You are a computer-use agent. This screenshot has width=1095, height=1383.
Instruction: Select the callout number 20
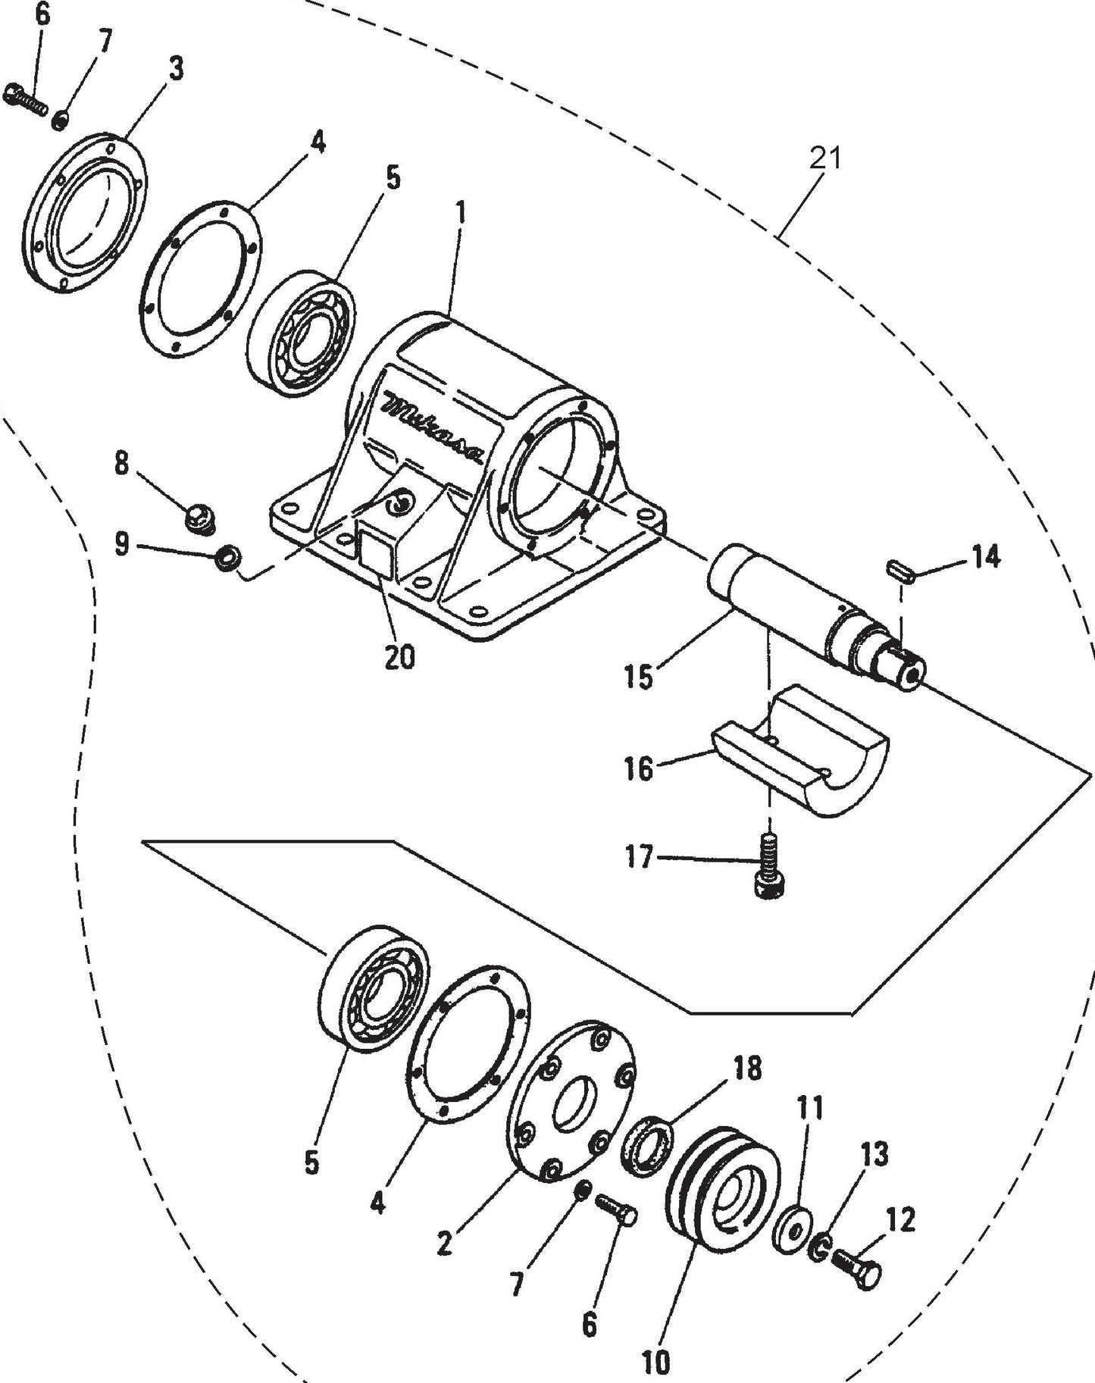pos(399,657)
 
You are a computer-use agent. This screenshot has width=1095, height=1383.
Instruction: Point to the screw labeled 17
pos(768,867)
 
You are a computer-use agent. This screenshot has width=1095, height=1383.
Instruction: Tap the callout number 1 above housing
pos(460,214)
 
